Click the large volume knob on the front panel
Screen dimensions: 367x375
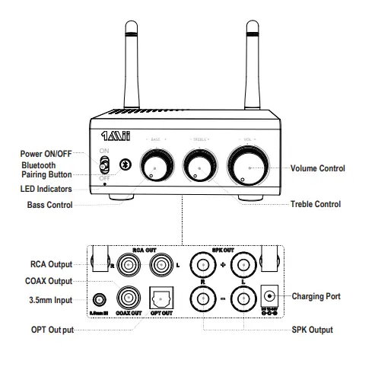coord(247,165)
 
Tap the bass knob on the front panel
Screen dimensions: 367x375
coord(156,167)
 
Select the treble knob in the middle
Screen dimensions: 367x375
coord(200,166)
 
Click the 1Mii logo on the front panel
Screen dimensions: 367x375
coord(119,141)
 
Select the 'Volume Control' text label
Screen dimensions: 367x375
coord(318,168)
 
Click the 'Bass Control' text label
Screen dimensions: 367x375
coord(50,205)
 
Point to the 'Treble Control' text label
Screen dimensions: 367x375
coord(316,204)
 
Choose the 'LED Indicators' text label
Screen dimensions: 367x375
coord(47,188)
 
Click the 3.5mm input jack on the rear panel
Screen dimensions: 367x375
coord(98,300)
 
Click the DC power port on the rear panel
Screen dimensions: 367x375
coord(268,295)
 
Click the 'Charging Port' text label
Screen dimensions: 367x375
coord(317,295)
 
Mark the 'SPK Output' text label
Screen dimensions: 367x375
coord(313,330)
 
